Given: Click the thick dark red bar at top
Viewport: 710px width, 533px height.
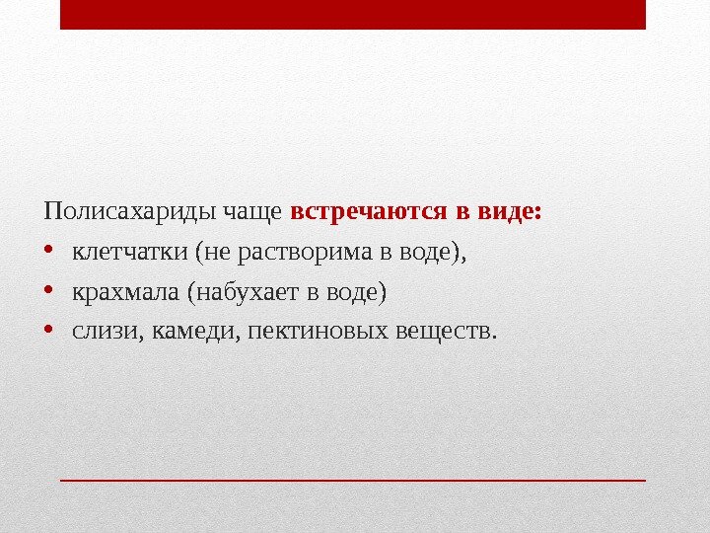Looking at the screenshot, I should (x=352, y=15).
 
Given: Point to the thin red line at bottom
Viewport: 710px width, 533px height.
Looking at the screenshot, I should (x=352, y=481).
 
